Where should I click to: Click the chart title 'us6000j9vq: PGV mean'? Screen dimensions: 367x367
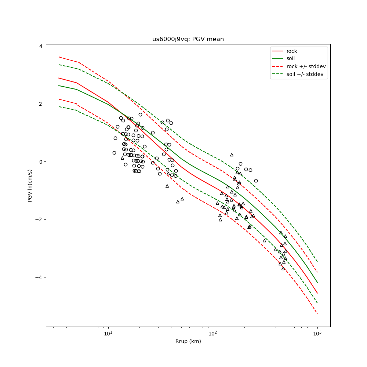[188, 39]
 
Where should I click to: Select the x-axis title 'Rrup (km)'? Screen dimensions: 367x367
[188, 341]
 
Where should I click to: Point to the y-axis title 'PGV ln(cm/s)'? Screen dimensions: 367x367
[30, 185]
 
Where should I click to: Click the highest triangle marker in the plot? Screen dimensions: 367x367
[232, 155]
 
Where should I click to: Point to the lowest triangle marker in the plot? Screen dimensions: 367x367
[283, 268]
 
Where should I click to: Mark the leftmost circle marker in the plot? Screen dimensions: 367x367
[114, 153]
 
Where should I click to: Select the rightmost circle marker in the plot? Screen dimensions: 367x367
[256, 181]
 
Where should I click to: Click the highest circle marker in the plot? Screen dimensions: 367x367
[140, 115]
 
